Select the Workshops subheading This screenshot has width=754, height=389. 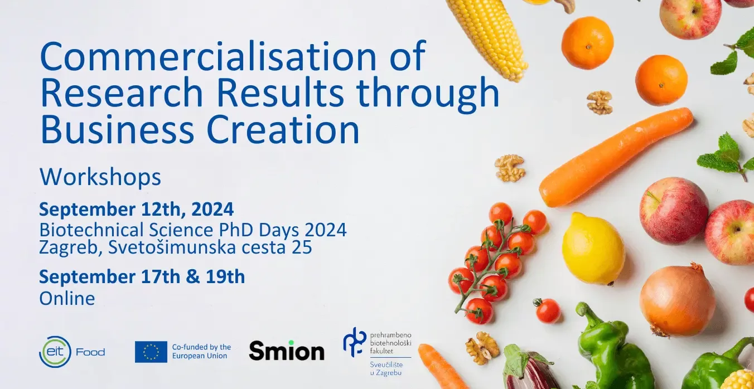100,177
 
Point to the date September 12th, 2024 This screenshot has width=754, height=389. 136,210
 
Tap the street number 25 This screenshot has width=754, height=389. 302,247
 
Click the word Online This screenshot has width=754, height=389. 67,299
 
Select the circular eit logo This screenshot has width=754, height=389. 55,352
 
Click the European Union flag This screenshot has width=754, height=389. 151,352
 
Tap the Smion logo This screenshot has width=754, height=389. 287,351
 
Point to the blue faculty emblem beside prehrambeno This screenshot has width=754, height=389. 355,342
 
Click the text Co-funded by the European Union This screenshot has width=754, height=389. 202,351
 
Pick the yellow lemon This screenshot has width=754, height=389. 593,249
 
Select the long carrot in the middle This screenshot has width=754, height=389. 616,157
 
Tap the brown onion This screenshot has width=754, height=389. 677,300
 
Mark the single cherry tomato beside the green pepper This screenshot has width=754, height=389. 547,310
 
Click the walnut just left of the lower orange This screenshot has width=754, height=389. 600,103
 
